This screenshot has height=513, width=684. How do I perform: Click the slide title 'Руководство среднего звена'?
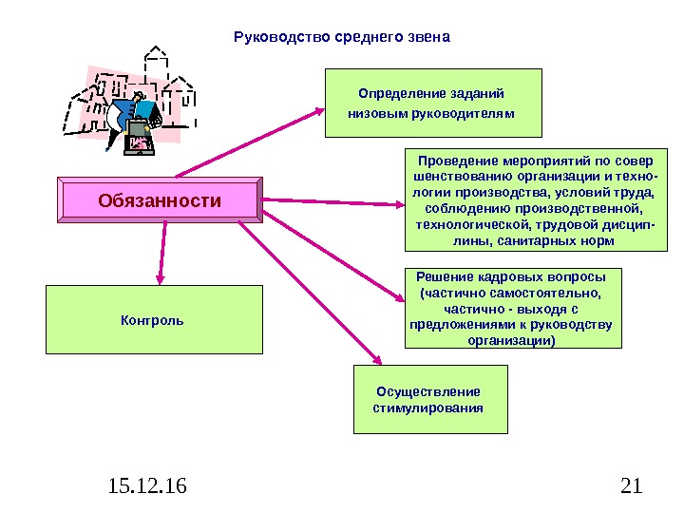click(341, 37)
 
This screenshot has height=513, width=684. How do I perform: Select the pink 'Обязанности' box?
click(160, 201)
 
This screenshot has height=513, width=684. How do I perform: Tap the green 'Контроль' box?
click(152, 320)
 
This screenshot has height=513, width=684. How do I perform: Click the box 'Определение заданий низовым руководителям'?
click(432, 103)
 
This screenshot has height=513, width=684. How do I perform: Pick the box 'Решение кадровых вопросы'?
click(511, 308)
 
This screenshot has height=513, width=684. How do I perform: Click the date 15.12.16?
click(147, 487)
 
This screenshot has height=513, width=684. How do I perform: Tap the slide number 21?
click(631, 487)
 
